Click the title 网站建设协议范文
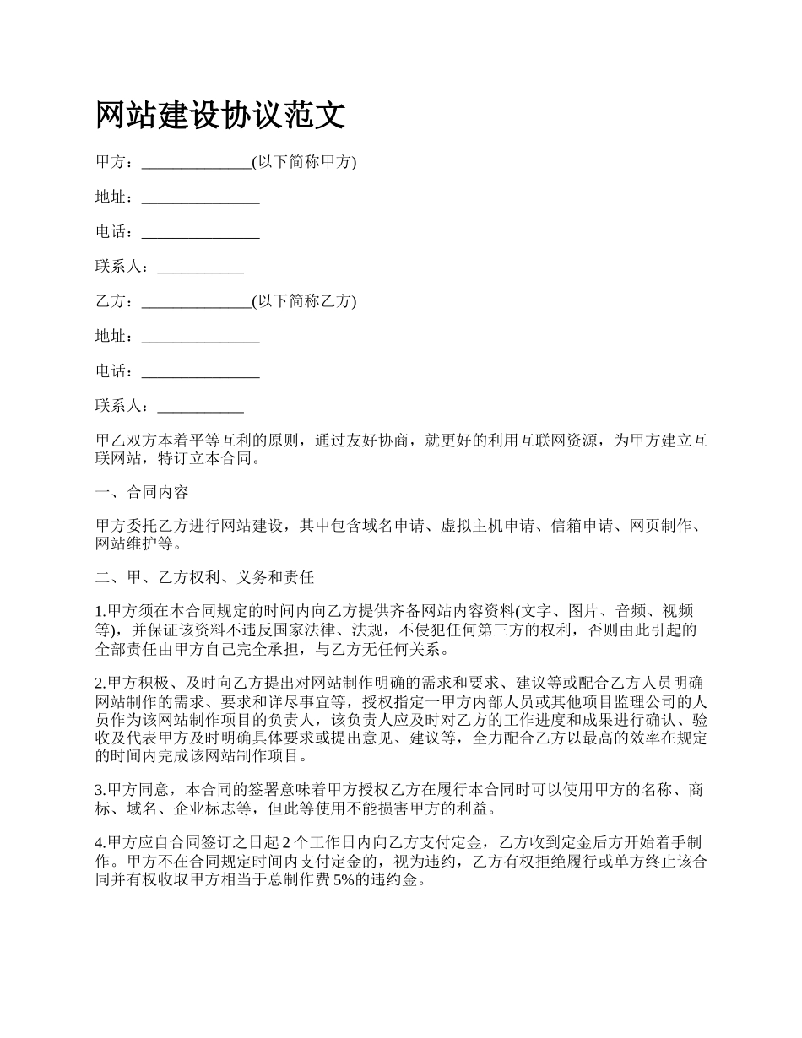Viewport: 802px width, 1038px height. click(220, 115)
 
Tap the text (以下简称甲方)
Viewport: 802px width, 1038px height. click(304, 163)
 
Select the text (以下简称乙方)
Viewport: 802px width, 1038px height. click(304, 301)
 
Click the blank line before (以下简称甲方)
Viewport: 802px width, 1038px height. click(197, 165)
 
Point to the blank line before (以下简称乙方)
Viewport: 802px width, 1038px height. click(197, 304)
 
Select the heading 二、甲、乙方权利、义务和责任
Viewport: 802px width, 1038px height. click(204, 577)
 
